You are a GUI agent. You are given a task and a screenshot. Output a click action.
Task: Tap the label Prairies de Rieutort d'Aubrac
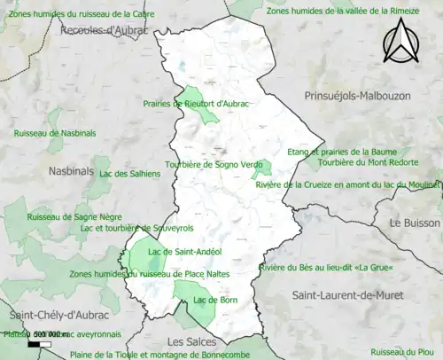coord(197,104)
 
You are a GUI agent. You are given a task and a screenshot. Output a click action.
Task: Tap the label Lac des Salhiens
coord(130,174)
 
